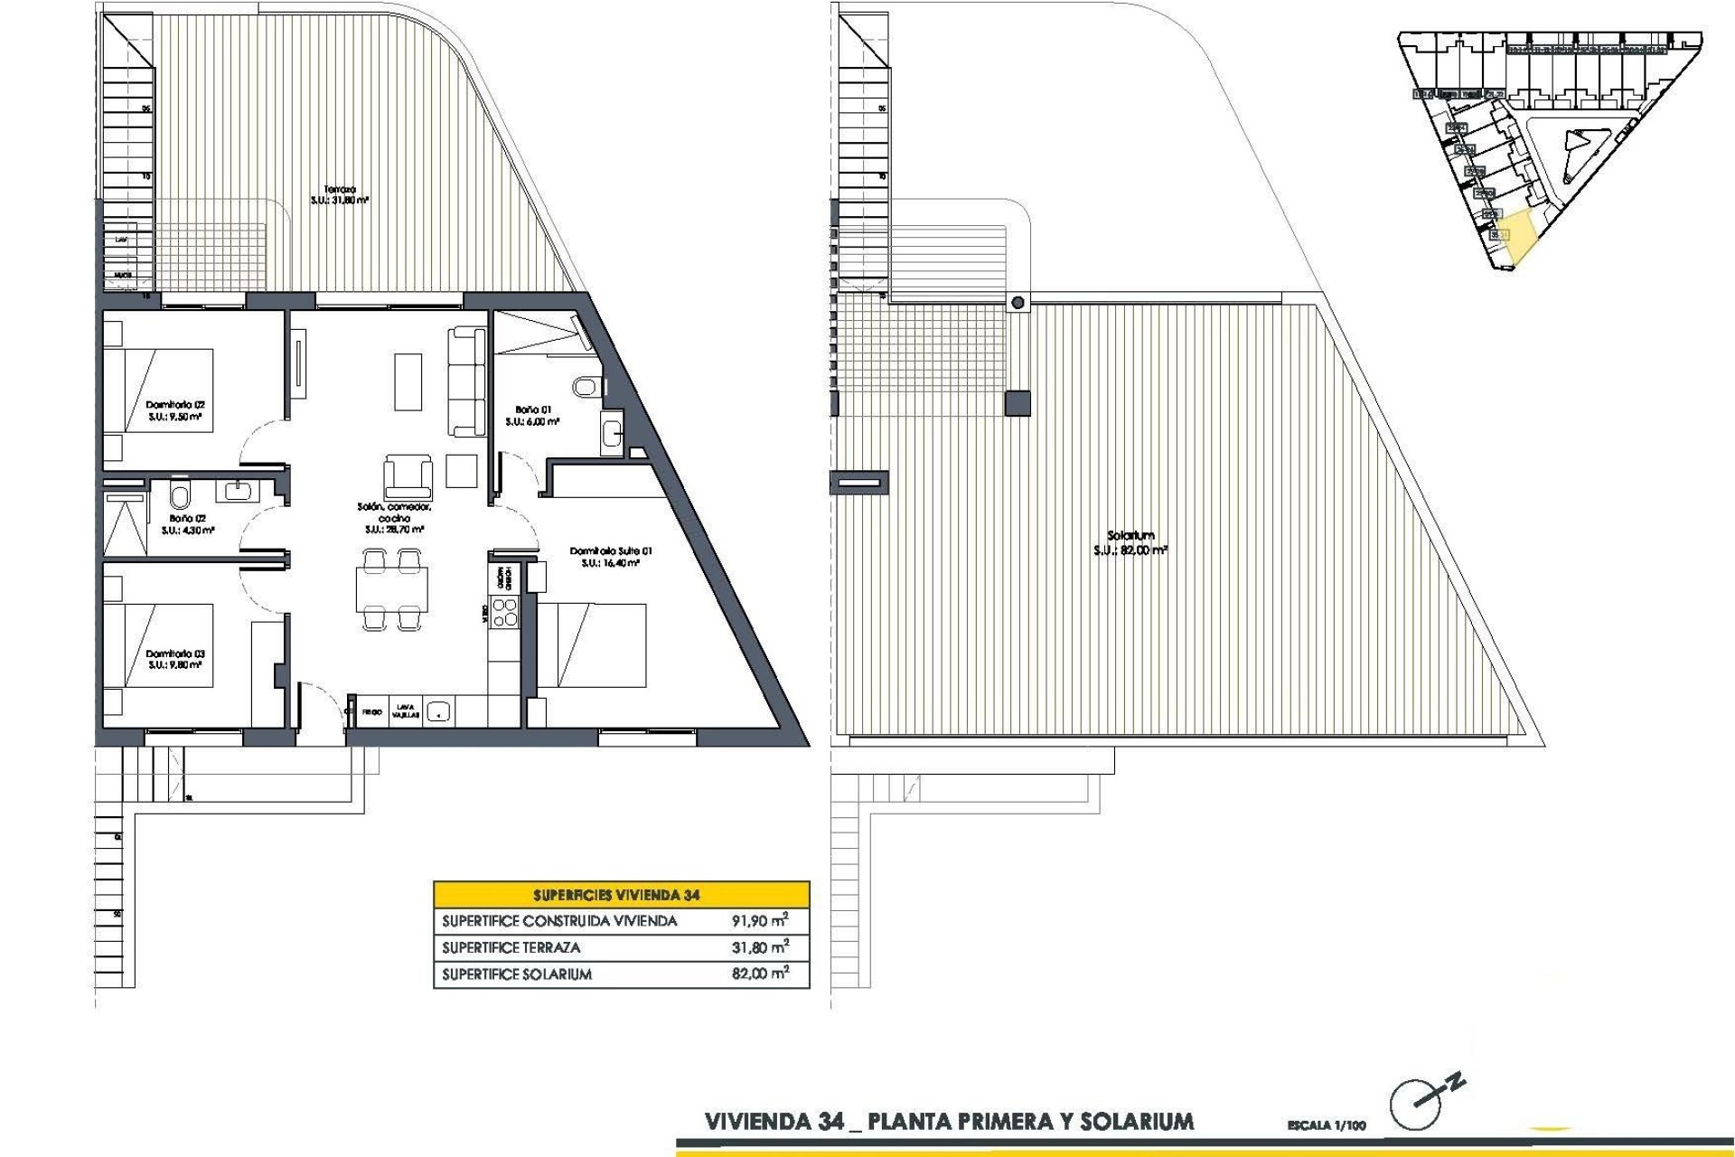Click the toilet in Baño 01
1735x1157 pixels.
click(586, 387)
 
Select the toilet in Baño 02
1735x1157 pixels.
click(180, 495)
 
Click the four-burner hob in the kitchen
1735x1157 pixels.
click(504, 614)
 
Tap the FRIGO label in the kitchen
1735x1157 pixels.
click(372, 712)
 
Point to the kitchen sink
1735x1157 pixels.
click(439, 711)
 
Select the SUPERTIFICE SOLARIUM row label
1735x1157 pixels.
click(517, 974)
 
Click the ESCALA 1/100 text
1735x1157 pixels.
click(1327, 1126)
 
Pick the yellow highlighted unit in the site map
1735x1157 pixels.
click(1517, 237)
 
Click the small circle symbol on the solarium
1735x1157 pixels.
click(1018, 303)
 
